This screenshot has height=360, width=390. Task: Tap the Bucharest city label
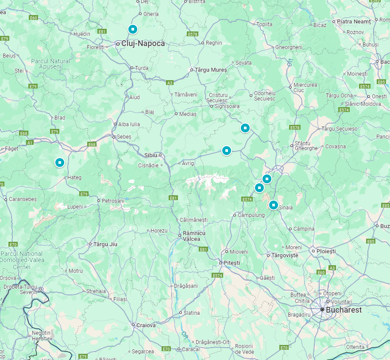coord(344,310)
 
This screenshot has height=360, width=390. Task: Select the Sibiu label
coord(151,155)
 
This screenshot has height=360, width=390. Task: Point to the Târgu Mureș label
coord(211,70)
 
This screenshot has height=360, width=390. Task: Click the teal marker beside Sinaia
coord(274,205)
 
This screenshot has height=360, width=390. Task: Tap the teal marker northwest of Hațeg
coord(60,163)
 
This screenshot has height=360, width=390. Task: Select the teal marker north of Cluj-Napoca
coord(132,29)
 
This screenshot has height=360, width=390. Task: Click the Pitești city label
coord(232,263)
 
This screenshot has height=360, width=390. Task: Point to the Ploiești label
coord(327,251)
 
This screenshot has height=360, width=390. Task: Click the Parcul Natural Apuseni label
coord(50,64)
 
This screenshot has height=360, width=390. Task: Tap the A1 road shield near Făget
coord(30,143)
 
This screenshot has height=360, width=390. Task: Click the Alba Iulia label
coord(129,124)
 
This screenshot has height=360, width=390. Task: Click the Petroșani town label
coord(114,201)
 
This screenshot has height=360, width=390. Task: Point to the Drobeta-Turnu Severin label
coord(22,290)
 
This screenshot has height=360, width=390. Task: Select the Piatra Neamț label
coord(353,21)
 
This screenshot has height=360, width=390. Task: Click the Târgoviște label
coord(285,255)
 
